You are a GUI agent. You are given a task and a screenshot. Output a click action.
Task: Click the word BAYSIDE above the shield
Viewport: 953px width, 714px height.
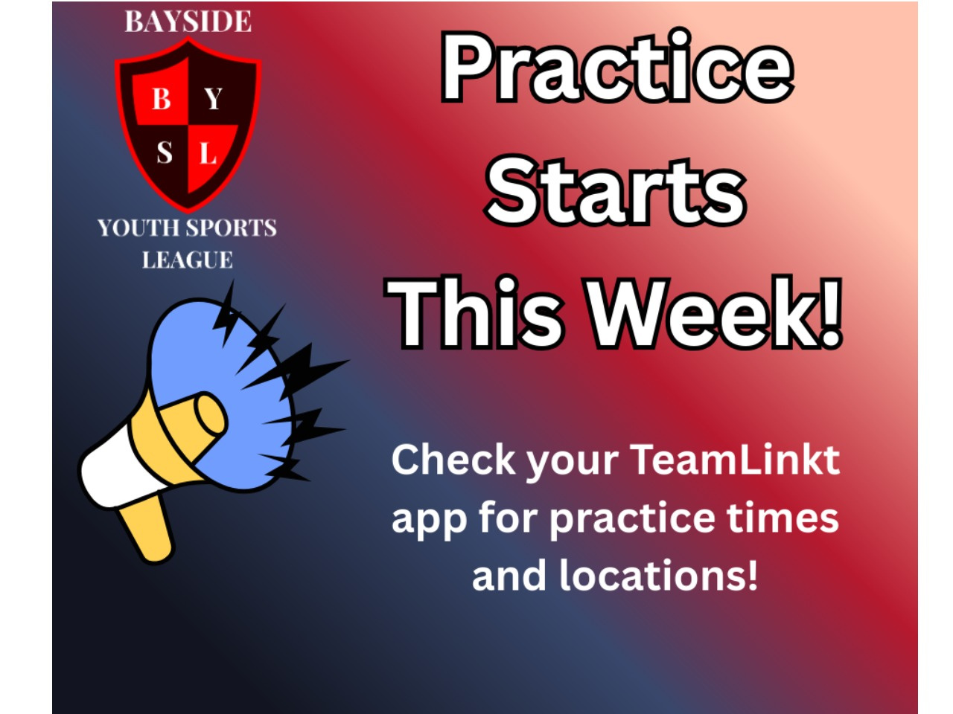point(188,22)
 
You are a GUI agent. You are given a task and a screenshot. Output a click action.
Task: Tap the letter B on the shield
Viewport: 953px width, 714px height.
point(161,99)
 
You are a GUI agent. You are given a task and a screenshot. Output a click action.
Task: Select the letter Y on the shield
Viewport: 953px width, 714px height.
point(213,99)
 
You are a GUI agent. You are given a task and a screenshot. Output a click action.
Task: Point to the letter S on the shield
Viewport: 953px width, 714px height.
point(164,152)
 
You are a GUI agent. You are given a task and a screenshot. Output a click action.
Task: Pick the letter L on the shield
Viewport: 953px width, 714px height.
point(208,152)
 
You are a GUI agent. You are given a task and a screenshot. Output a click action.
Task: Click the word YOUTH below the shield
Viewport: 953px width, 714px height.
point(139,228)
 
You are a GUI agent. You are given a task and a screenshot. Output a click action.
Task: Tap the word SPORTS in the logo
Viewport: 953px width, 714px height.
point(232,228)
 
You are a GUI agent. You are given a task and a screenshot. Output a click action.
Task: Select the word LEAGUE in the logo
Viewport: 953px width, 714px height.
point(188,260)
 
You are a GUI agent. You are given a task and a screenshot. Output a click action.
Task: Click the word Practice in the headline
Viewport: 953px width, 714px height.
point(617,68)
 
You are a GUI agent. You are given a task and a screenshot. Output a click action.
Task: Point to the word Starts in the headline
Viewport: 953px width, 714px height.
point(616,191)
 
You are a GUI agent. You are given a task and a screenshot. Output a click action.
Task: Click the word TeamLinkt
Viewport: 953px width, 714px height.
point(735,460)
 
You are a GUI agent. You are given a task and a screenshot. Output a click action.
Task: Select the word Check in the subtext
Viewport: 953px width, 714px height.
point(453,460)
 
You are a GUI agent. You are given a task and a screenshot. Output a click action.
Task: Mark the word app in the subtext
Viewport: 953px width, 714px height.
point(429,521)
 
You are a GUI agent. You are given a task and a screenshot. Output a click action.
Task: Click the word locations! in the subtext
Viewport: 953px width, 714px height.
point(658,575)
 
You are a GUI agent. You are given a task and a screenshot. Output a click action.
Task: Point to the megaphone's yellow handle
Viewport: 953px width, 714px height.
point(147,530)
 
